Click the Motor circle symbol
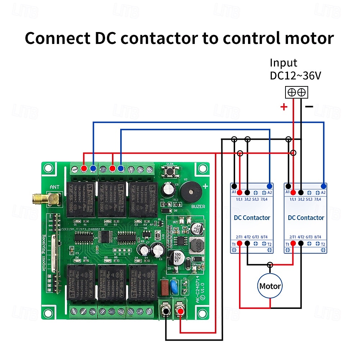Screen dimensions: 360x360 click(270, 286)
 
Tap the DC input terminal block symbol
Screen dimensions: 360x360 click(296, 92)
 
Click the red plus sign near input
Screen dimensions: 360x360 click(284, 107)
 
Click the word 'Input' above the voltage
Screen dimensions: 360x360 click(284, 63)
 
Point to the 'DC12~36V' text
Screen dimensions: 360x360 click(295, 76)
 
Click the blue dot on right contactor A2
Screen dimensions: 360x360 click(324, 186)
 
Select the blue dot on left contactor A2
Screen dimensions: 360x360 click(270, 186)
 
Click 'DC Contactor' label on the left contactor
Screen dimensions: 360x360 click(252, 217)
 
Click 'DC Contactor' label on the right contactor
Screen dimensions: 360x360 click(306, 217)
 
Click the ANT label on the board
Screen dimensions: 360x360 click(55, 187)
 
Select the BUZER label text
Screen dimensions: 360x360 click(198, 207)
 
